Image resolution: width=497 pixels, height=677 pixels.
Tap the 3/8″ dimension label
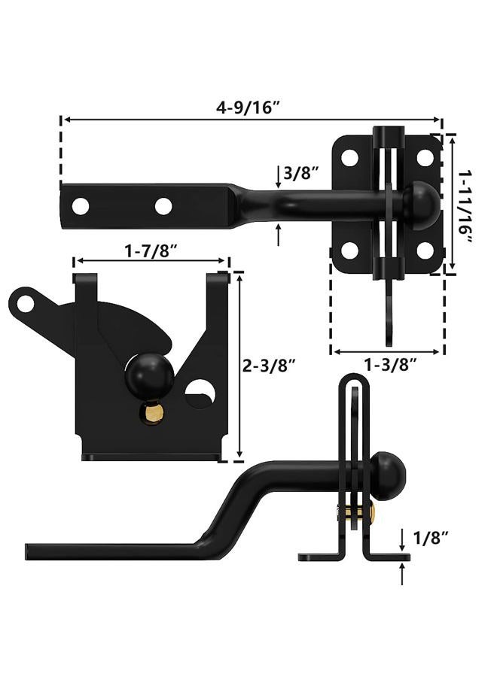click(x=301, y=173)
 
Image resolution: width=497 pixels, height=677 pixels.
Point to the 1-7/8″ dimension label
click(x=151, y=250)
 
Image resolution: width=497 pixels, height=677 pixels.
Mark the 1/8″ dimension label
click(x=431, y=538)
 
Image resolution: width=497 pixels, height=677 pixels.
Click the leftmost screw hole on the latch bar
click(x=81, y=206)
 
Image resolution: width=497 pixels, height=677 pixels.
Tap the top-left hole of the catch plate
click(x=349, y=158)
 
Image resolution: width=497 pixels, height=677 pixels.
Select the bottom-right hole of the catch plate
click(x=425, y=250)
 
